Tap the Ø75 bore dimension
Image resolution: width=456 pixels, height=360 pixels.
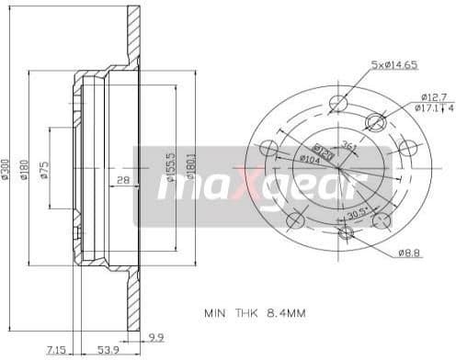tap(44, 170)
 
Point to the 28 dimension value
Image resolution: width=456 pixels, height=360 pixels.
tap(123, 180)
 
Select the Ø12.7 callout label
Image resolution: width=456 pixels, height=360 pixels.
tap(433, 96)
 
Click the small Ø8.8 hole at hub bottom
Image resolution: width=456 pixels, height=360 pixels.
tap(347, 233)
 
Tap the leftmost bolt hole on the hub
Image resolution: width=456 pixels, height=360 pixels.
tap(269, 147)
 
